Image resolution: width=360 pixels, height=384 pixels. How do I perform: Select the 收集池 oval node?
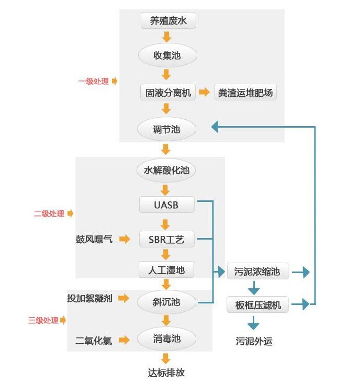[166, 55]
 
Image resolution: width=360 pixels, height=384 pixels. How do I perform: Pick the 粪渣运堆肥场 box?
[245, 93]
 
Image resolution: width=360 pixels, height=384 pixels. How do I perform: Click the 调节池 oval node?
[166, 129]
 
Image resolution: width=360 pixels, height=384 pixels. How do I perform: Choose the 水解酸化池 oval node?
[166, 170]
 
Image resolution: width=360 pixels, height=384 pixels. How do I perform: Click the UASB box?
[166, 205]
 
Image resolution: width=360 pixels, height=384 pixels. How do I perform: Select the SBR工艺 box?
[166, 240]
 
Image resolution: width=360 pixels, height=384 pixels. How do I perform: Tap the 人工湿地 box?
[166, 270]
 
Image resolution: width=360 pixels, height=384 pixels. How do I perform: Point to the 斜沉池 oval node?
[166, 302]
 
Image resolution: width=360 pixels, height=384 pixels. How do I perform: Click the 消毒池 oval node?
[166, 339]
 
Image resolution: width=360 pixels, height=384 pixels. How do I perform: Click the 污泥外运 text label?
[254, 342]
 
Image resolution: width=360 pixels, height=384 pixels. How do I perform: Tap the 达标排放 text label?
[166, 373]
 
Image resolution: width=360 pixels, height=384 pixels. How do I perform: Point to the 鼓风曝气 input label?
[94, 240]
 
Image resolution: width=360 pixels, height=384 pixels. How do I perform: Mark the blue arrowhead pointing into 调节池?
[215, 127]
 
